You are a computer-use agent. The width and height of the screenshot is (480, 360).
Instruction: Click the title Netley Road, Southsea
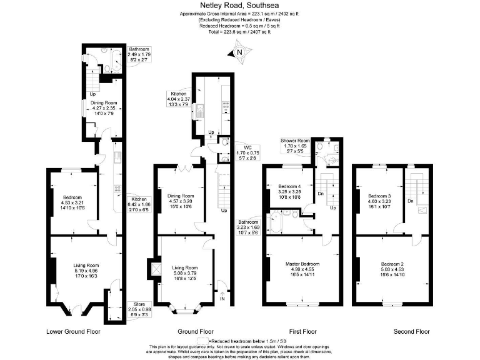pyautogui.click(x=240, y=5)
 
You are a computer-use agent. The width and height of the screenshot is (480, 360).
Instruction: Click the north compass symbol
pyautogui.click(x=237, y=53)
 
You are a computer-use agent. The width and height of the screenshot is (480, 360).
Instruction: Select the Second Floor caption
pyautogui.click(x=411, y=331)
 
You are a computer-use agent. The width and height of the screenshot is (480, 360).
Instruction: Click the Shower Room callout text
pyautogui.click(x=296, y=141)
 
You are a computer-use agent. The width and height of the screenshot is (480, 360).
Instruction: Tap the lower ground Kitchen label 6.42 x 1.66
pyautogui.click(x=139, y=199)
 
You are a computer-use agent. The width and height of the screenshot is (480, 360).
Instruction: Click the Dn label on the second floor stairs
pyautogui.click(x=410, y=201)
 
